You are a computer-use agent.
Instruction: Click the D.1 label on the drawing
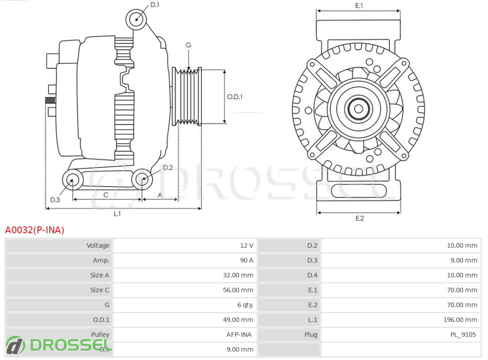tap(155, 5)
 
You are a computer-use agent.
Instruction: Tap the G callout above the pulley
tap(188, 45)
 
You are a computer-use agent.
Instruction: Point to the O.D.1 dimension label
tap(235, 97)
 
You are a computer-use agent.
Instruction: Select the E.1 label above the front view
tap(359, 5)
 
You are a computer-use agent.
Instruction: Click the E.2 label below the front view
tap(360, 218)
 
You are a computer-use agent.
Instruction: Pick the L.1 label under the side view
tap(117, 214)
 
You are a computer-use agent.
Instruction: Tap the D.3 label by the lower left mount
tap(55, 199)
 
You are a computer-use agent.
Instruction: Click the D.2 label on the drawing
tap(168, 168)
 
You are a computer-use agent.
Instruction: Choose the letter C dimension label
tap(106, 195)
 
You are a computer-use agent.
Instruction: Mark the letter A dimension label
tap(159, 195)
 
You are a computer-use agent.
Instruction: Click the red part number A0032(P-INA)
tap(35, 230)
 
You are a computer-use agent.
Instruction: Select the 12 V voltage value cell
tap(246, 246)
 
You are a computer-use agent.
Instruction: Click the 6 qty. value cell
tap(245, 305)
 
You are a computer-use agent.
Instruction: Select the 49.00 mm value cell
tap(239, 320)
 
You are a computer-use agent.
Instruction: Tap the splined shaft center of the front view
tap(359, 108)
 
